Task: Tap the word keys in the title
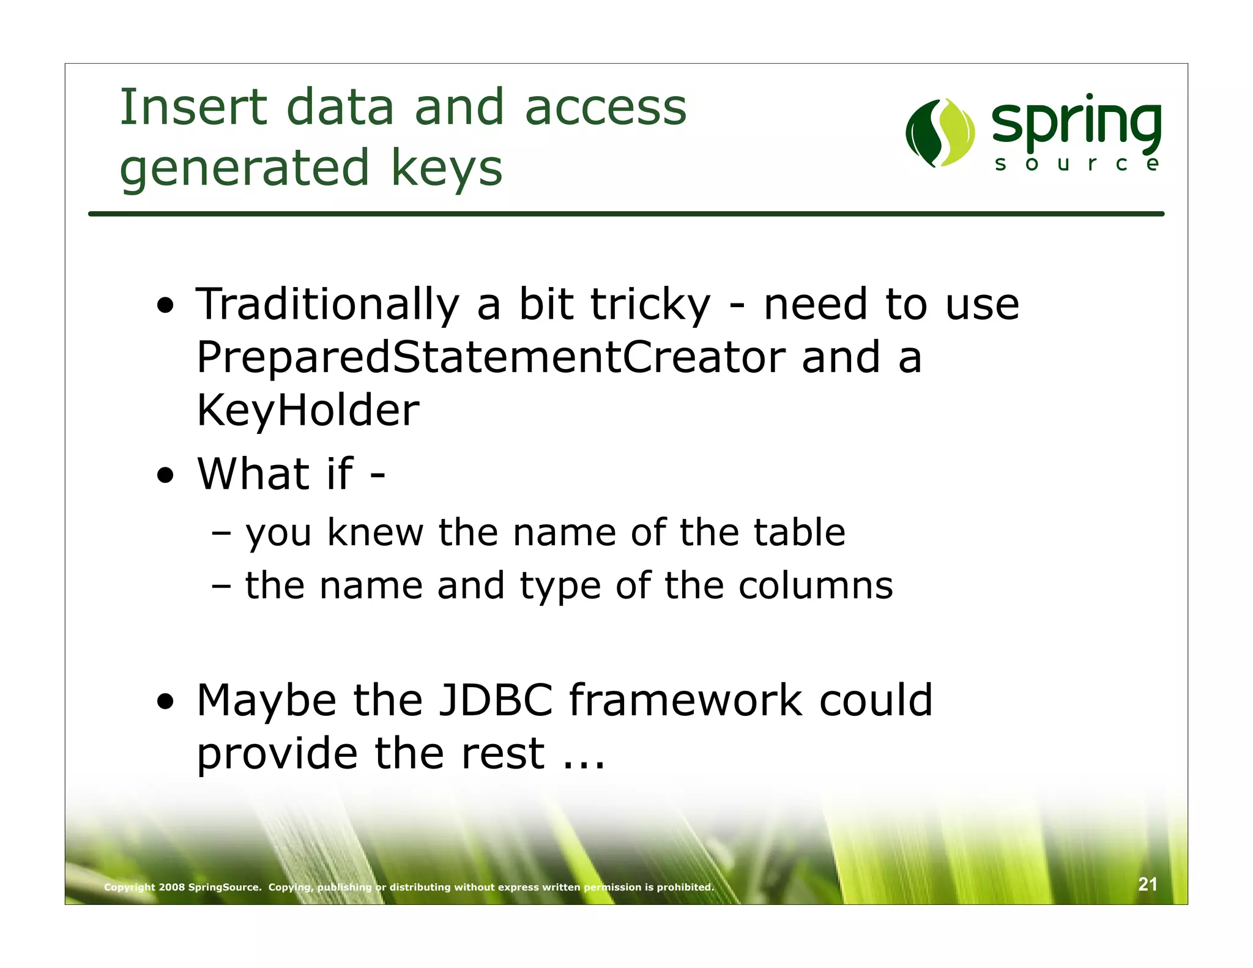pos(447,168)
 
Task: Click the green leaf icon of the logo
pos(940,133)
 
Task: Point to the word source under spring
pos(1076,163)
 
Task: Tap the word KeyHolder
pos(308,411)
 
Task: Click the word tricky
pos(651,305)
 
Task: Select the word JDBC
pos(496,700)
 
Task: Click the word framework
pos(685,700)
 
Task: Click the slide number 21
pos(1147,884)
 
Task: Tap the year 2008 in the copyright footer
pos(171,887)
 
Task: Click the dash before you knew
pos(221,533)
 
